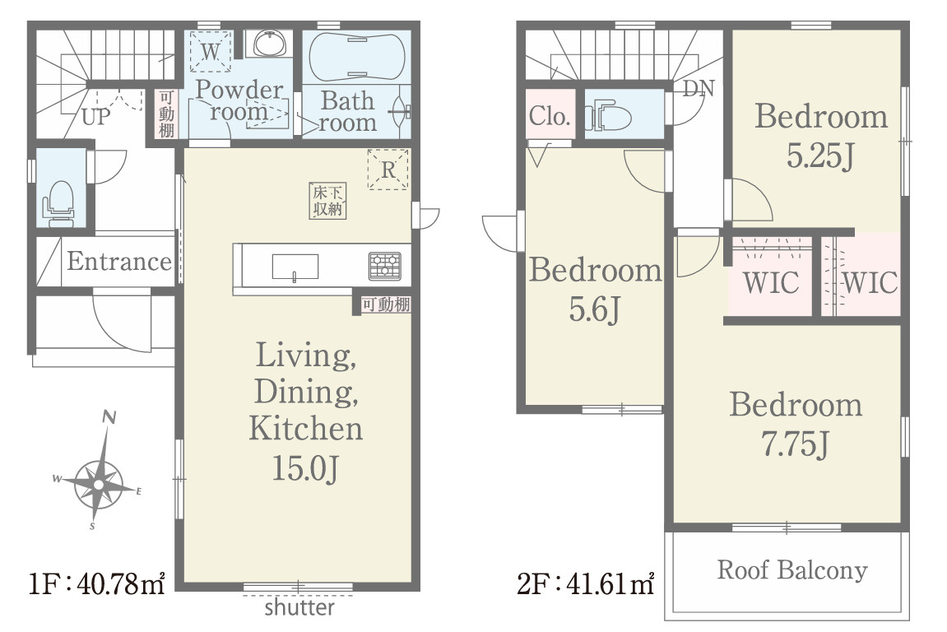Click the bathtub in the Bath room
(357, 56)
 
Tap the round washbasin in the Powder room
(269, 44)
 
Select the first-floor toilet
(58, 203)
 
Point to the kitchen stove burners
(385, 266)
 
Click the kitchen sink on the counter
(295, 267)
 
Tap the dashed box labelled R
(388, 170)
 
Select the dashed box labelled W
(210, 52)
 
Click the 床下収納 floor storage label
(328, 201)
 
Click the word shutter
(299, 607)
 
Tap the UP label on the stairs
(96, 117)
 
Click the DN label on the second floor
(699, 89)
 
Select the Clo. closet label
(550, 115)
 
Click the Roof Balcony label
(792, 569)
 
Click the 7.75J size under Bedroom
(796, 444)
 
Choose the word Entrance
(119, 261)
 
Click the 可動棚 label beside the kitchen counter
(386, 304)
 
